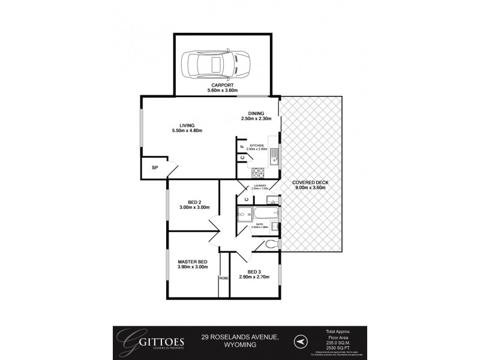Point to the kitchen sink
[274, 156]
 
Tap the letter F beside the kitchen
[242, 146]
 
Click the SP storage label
[154, 168]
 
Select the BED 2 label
[193, 202]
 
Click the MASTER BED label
[193, 262]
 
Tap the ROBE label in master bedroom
[224, 278]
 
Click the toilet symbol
[270, 244]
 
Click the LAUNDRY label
[260, 186]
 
